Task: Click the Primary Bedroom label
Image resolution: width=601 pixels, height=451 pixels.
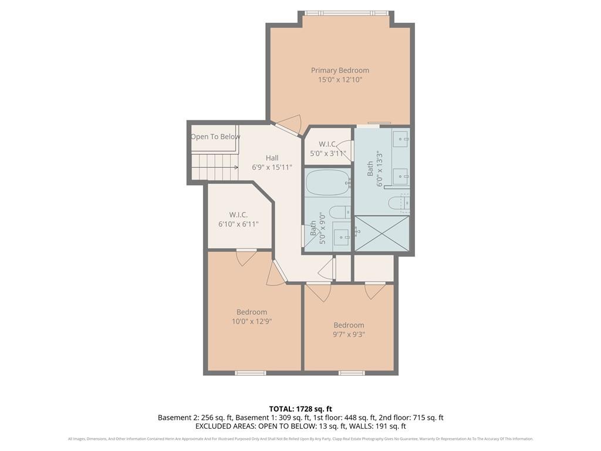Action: tap(340, 70)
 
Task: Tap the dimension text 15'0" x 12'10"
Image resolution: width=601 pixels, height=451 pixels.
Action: tap(340, 79)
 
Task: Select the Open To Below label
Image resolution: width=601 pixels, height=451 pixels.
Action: tap(215, 137)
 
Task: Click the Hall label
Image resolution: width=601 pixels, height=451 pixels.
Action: tap(272, 157)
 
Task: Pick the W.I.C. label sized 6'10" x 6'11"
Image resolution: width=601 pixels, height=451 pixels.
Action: tap(238, 215)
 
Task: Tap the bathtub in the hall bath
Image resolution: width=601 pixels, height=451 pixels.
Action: tap(327, 183)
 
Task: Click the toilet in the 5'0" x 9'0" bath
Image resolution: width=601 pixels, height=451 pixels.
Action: tap(339, 212)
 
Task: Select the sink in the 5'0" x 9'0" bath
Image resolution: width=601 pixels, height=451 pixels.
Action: tap(341, 237)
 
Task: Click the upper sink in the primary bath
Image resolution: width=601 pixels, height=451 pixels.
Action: tap(400, 139)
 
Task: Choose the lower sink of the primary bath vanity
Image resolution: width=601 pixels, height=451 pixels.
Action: tap(400, 175)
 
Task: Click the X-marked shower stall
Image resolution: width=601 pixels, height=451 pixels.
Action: tap(381, 234)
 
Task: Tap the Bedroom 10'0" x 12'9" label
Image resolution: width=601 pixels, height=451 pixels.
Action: tap(252, 312)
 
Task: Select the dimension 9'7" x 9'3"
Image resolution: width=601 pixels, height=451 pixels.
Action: tap(349, 334)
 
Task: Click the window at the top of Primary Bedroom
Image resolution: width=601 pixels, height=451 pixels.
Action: tap(346, 12)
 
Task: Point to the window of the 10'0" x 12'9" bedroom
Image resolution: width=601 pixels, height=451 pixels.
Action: tap(251, 373)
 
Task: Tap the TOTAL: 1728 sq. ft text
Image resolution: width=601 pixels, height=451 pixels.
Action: tap(300, 408)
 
